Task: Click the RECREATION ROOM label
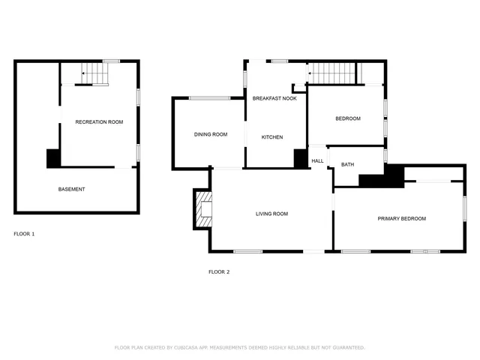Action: coord(99,121)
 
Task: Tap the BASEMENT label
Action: coord(72,189)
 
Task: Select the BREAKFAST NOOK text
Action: coord(274,99)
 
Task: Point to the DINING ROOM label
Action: coord(210,135)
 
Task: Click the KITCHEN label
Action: coord(271,137)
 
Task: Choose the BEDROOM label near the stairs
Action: coord(348,118)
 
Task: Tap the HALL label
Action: coord(317,161)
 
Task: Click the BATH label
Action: coord(347,164)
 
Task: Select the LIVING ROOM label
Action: coord(271,214)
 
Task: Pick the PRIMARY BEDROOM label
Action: coord(401,218)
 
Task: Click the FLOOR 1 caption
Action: coord(24,234)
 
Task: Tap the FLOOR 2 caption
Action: coord(218,271)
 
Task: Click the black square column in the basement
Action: coord(53,158)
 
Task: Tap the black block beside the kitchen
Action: coord(301,158)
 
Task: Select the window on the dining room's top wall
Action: coord(209,97)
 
